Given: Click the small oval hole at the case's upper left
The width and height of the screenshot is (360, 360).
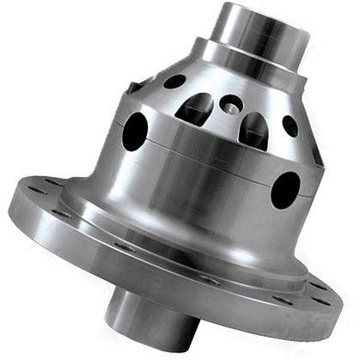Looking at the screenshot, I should (x=174, y=82).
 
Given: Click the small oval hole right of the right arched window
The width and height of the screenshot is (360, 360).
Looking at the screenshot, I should (x=290, y=126).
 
